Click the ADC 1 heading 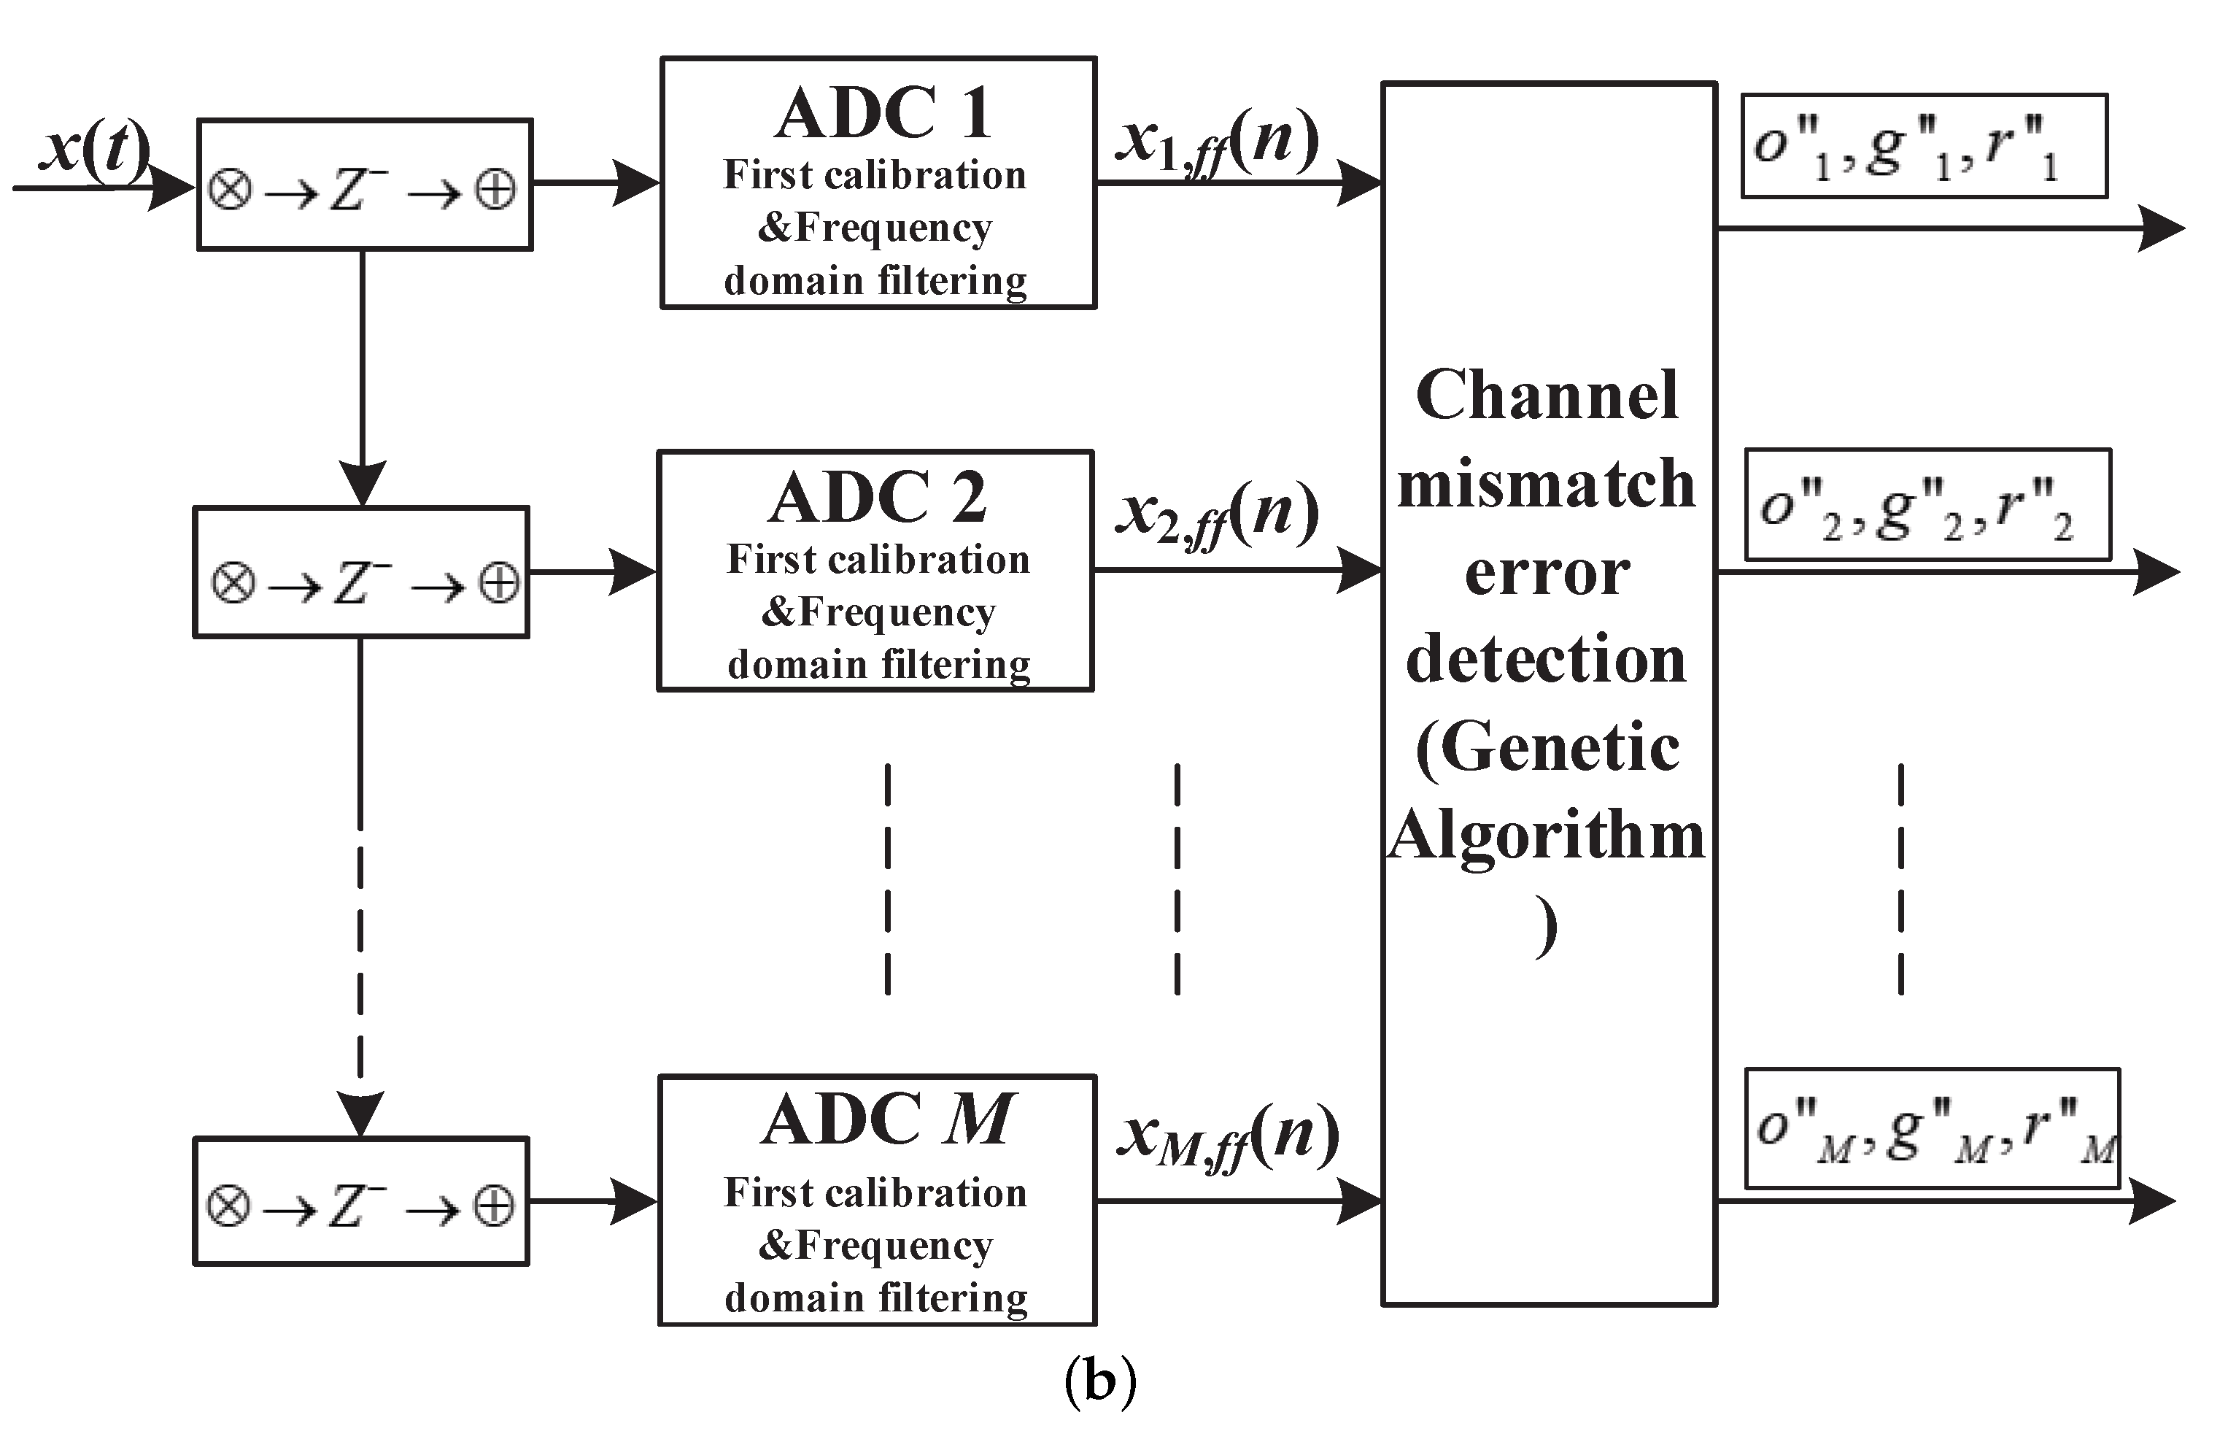[x=883, y=113]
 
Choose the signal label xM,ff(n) [x=1227, y=1138]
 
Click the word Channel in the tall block [x=1547, y=395]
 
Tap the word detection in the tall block [x=1547, y=659]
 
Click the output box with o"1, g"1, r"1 [x=1925, y=146]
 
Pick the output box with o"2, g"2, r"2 [x=1927, y=506]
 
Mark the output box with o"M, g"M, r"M [x=1933, y=1128]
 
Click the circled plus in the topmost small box [x=495, y=190]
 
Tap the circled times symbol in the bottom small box [x=228, y=1206]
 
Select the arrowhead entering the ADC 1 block [x=637, y=182]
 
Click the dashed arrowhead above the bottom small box [x=360, y=1112]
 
